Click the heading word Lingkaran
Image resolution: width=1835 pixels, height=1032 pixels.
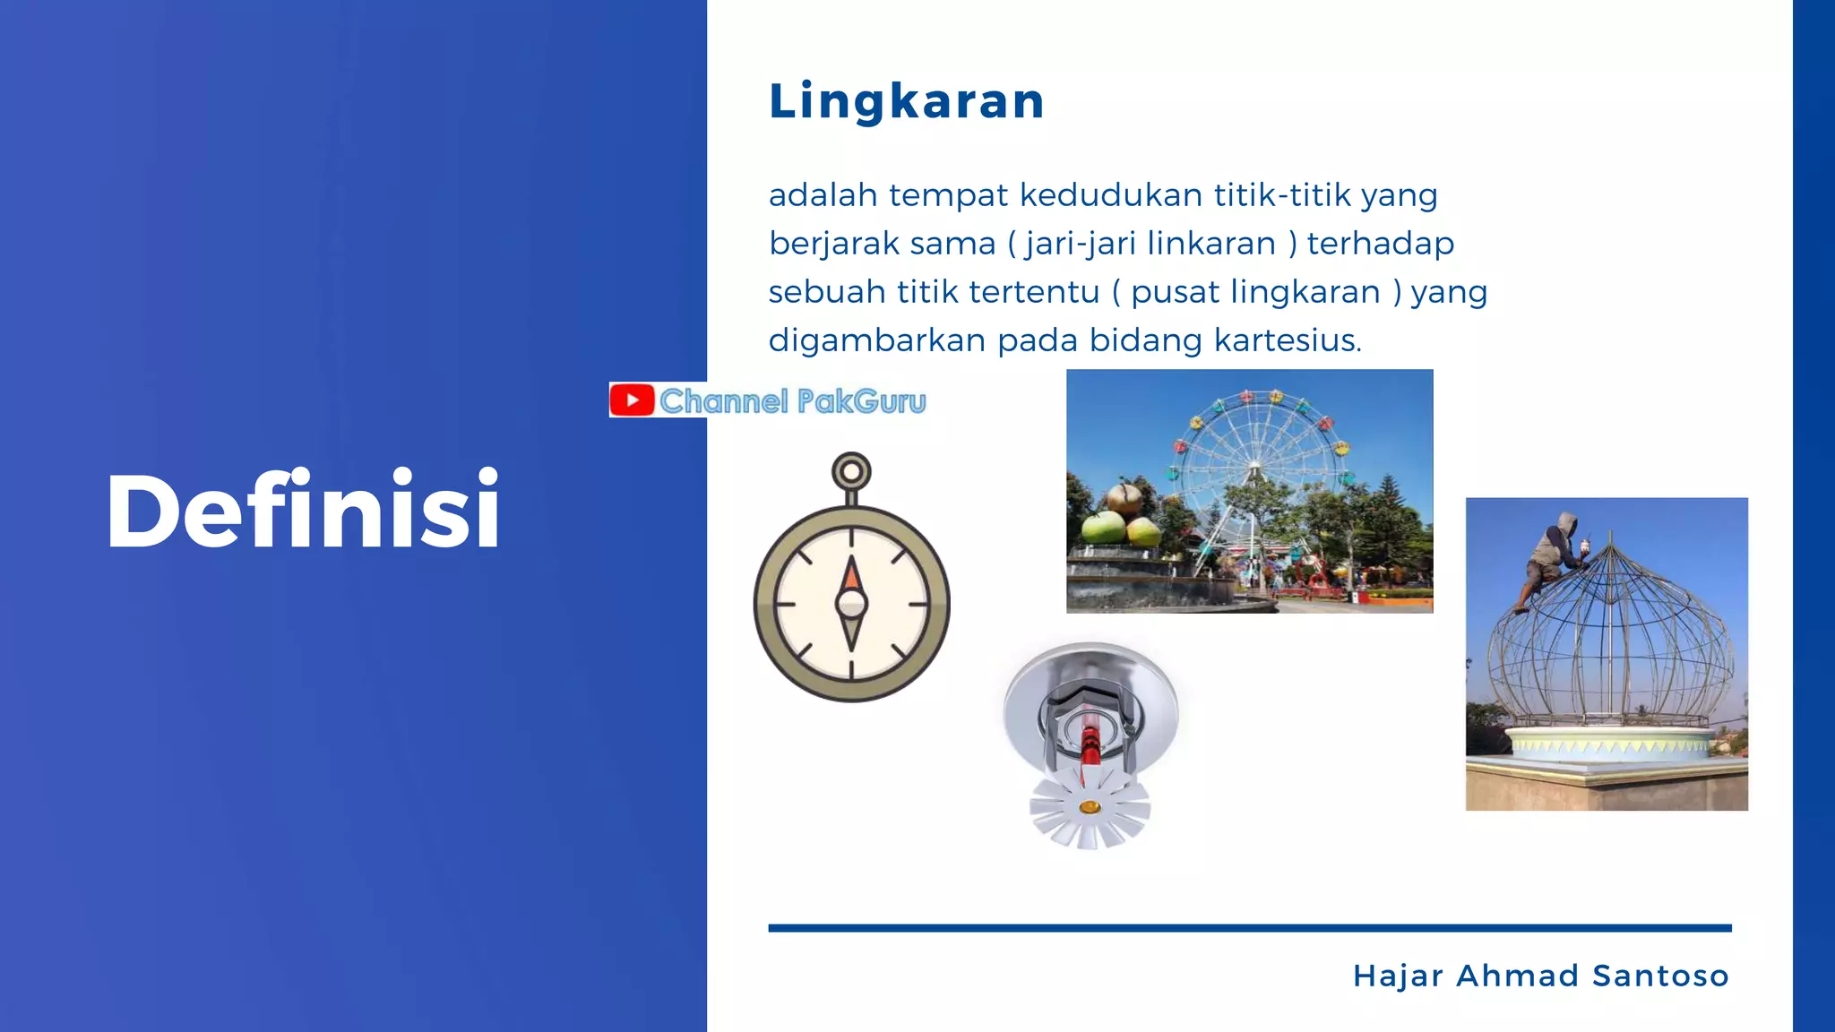pyautogui.click(x=906, y=100)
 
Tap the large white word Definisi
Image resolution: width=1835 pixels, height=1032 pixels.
pyautogui.click(x=303, y=511)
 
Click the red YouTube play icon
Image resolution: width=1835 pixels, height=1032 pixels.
pyautogui.click(x=633, y=400)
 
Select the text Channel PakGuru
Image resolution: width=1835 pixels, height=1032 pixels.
pyautogui.click(x=792, y=401)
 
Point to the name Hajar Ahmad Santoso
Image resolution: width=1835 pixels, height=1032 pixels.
pyautogui.click(x=1540, y=976)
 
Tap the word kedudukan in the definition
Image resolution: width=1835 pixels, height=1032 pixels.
pyautogui.click(x=1111, y=195)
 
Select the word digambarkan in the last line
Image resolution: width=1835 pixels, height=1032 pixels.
pyautogui.click(x=877, y=340)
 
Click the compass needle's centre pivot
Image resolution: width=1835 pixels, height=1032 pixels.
pyautogui.click(x=851, y=604)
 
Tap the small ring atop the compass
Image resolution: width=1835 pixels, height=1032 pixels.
pyautogui.click(x=851, y=470)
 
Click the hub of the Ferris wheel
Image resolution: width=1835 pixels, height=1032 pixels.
pyautogui.click(x=1255, y=465)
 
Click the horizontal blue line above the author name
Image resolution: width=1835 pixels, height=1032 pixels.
pyautogui.click(x=1249, y=928)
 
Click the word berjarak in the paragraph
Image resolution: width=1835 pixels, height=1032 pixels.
pyautogui.click(x=833, y=244)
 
